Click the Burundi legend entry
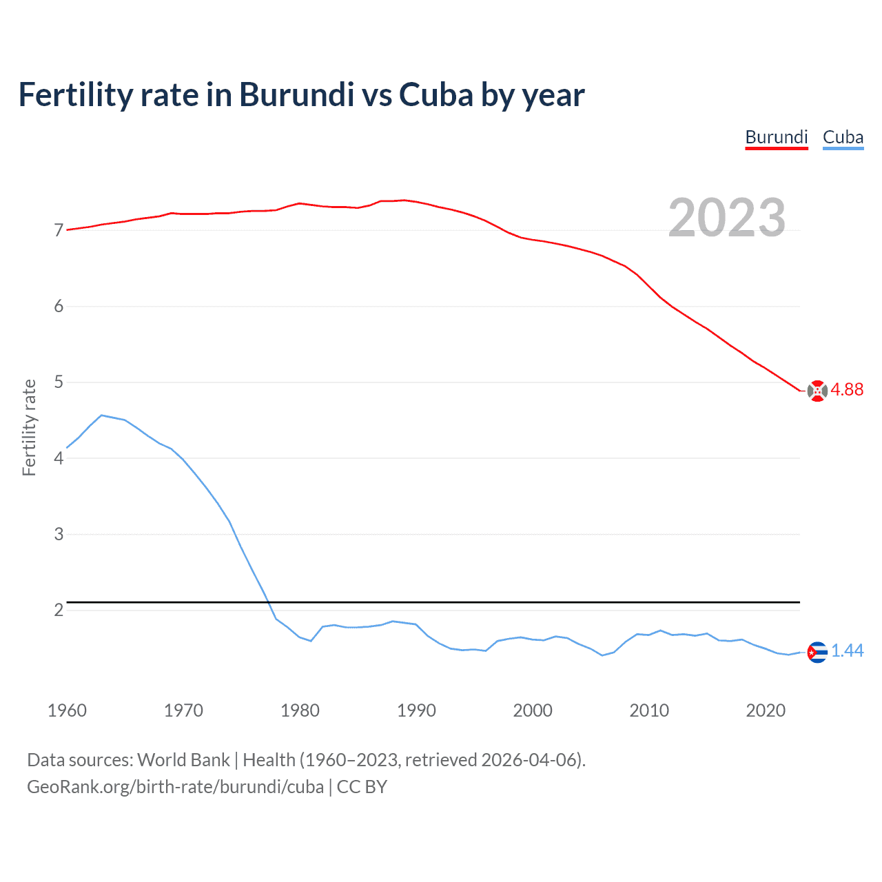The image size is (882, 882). [777, 137]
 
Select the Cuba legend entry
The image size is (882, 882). [843, 137]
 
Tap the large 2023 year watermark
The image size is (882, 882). [727, 218]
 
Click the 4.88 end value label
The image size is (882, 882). [847, 390]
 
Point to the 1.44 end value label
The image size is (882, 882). [847, 651]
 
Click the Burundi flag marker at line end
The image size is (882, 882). [817, 391]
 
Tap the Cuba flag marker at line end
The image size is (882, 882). [817, 652]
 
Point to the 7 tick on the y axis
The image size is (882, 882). [59, 230]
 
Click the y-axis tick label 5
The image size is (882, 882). [59, 382]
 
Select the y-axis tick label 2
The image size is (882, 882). [59, 610]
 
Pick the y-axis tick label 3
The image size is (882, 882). [59, 534]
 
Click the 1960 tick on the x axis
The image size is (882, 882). [67, 710]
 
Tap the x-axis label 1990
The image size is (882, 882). [416, 710]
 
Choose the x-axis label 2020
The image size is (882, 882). [766, 710]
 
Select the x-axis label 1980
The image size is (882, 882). [300, 710]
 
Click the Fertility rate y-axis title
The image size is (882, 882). [29, 427]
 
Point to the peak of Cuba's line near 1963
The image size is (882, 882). [102, 415]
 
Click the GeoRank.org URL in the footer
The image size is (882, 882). [175, 787]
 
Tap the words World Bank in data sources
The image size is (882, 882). [183, 760]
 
